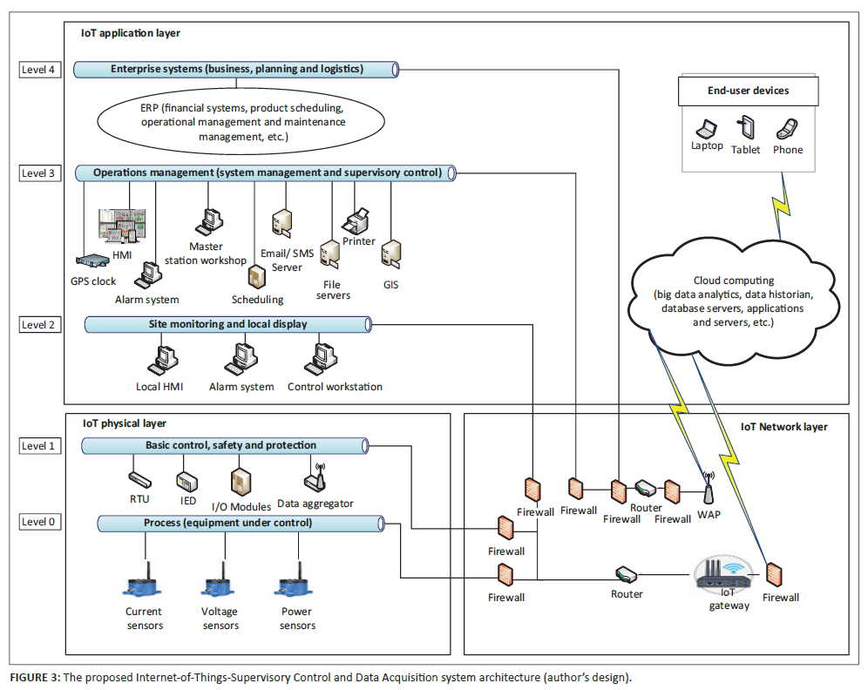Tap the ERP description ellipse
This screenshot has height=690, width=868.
coord(242,122)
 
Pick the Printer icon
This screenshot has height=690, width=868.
coord(357,221)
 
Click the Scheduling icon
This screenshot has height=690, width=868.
coord(256,277)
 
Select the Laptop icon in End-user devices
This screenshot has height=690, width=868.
coord(709,129)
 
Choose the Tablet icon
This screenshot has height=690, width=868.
coord(746,128)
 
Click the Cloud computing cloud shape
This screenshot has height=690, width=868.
coord(732,301)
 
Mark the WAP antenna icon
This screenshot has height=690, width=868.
coord(708,490)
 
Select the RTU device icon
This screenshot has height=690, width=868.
coord(139,478)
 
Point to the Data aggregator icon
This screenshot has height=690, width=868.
coord(315,478)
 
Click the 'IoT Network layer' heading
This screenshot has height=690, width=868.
coord(783,427)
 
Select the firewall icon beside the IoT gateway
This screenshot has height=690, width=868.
coord(774,575)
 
